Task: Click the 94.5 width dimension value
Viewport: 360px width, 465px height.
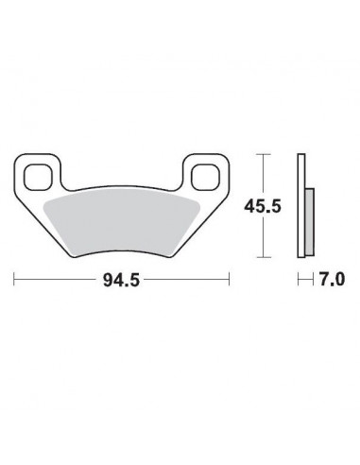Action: (x=121, y=280)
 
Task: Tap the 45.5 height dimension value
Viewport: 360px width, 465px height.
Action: (x=263, y=206)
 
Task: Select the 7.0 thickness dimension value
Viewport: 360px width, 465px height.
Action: (x=332, y=279)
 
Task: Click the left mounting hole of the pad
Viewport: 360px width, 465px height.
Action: (x=38, y=178)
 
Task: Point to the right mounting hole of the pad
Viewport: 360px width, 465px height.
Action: (x=205, y=178)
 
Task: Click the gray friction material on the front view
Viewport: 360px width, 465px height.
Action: (x=122, y=224)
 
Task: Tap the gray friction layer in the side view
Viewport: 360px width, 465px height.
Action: (x=310, y=221)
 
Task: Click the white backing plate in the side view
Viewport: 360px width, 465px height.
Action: (x=301, y=206)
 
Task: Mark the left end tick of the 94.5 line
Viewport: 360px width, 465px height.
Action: (x=14, y=279)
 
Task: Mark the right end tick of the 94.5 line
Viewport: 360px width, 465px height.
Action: (x=229, y=279)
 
